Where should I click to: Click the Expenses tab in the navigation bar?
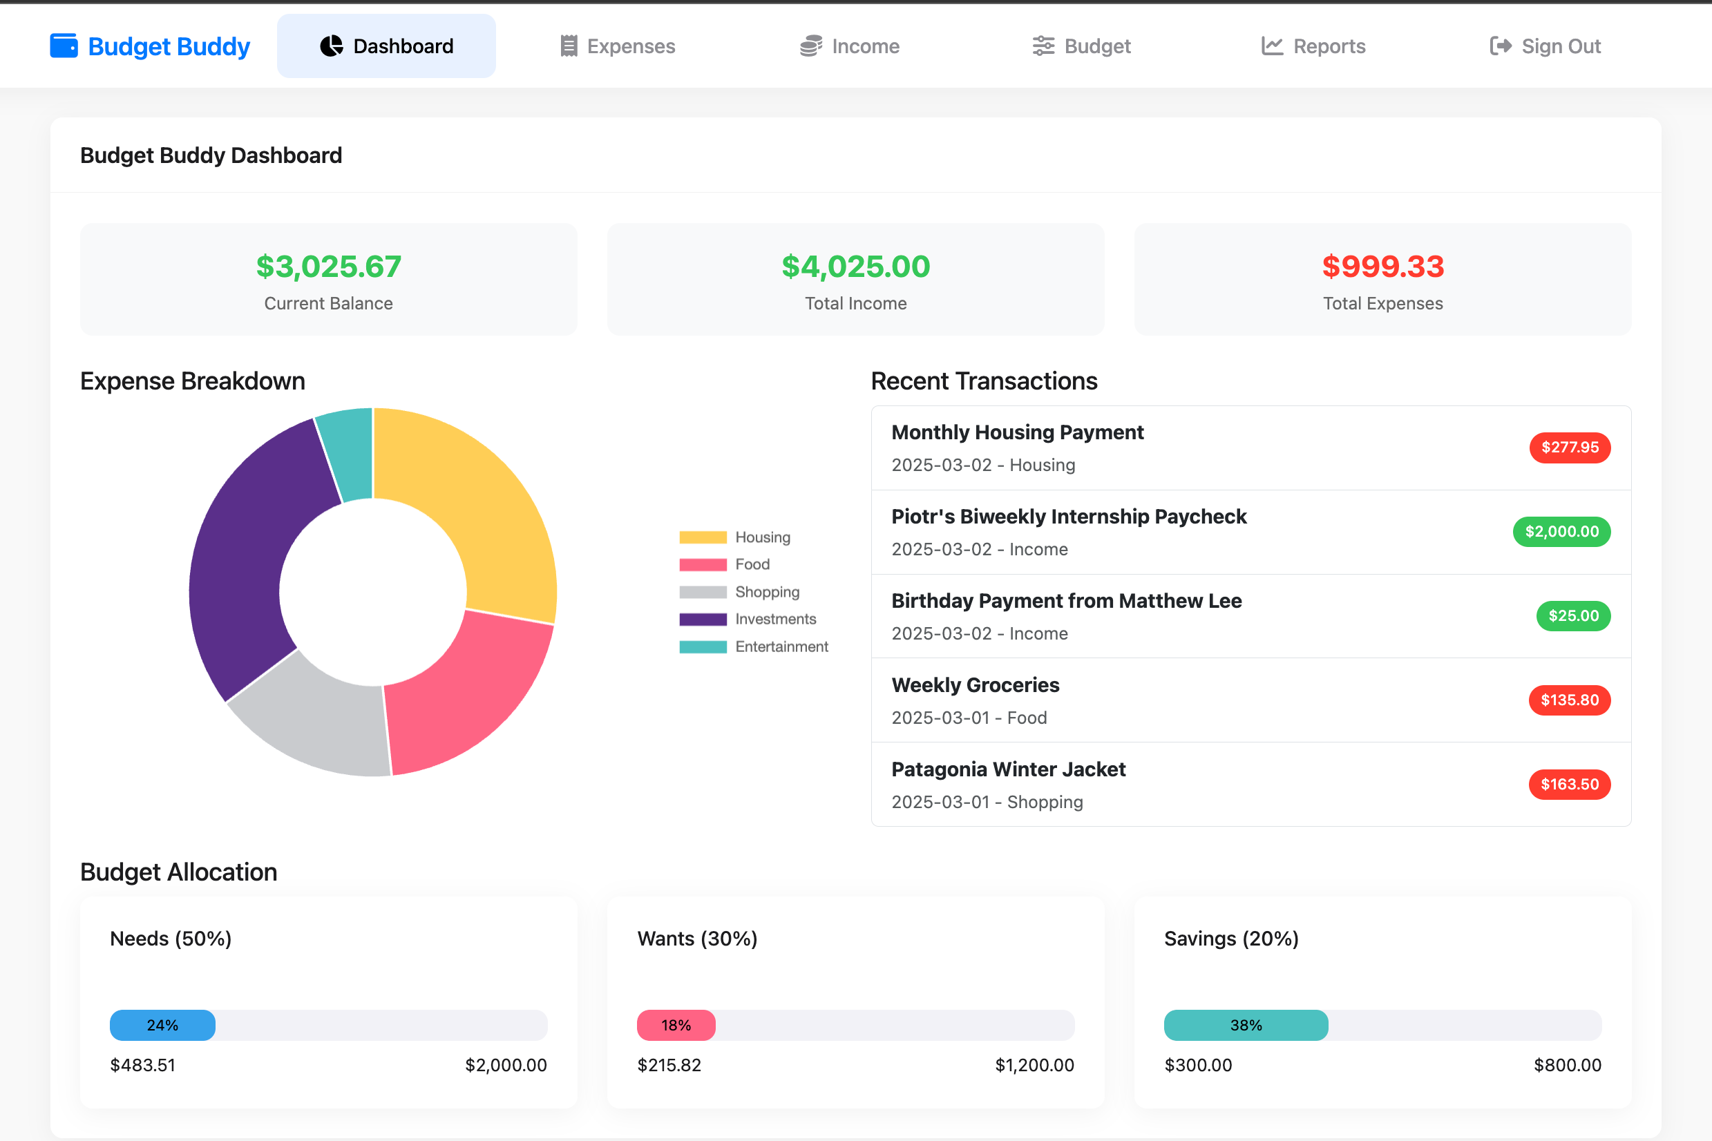coord(617,46)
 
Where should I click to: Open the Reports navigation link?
coord(1313,46)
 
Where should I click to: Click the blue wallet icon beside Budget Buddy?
coord(64,45)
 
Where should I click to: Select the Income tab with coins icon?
coord(850,46)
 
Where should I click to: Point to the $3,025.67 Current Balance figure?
coord(328,267)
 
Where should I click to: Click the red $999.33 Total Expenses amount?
coord(1382,267)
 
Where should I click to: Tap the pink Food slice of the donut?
coord(459,698)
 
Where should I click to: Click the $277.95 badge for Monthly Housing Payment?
coord(1570,447)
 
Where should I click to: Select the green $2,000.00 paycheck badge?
coord(1561,531)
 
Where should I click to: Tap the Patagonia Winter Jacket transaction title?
coord(1008,769)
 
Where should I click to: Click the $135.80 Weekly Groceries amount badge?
coord(1570,700)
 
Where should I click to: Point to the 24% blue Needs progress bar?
coord(162,1024)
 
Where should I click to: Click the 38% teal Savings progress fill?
coord(1246,1024)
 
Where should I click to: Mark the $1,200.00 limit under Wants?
coord(1034,1064)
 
